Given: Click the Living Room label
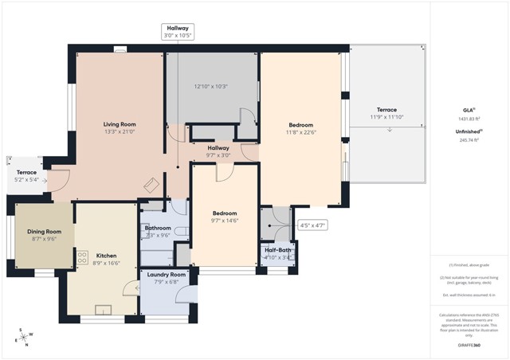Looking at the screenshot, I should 120,124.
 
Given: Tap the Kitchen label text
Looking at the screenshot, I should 106,256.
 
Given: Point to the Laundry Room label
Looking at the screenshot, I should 167,274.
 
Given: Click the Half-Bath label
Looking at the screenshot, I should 278,250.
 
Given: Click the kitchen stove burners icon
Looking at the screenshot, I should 82,257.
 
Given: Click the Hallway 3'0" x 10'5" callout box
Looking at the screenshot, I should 177,32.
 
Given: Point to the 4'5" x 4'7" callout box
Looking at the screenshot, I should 312,225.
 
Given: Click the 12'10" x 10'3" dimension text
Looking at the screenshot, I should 211,86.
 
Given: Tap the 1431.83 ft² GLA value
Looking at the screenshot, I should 469,118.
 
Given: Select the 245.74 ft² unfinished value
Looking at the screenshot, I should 469,139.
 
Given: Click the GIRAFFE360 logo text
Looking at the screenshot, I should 469,345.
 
